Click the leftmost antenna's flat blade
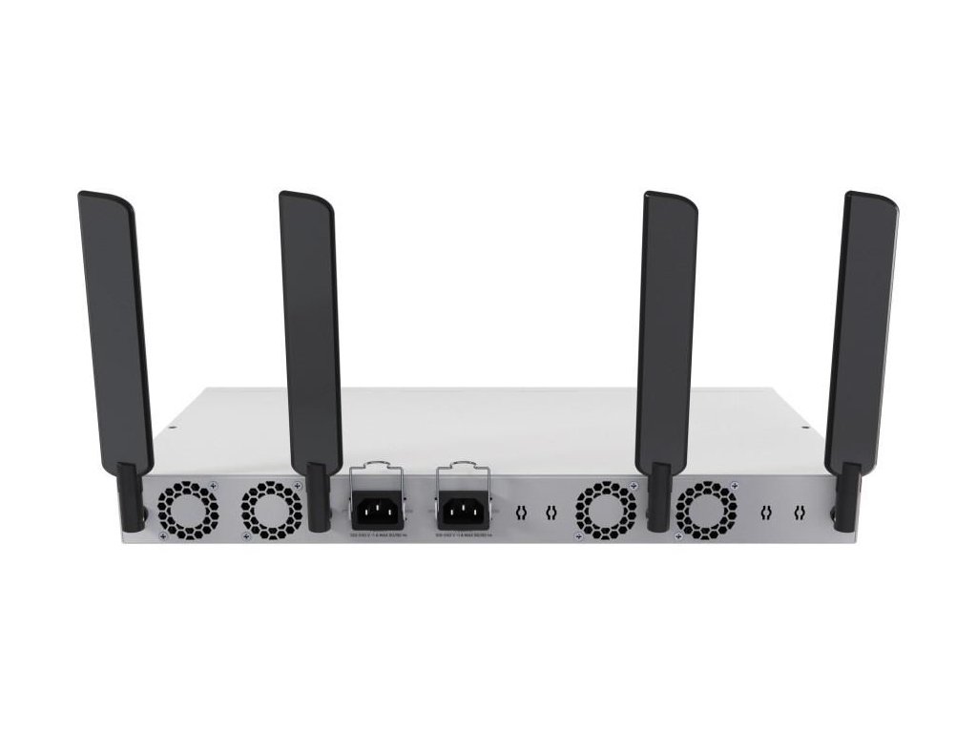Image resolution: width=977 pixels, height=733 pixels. tap(114, 325)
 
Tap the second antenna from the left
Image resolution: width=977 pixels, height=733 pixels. tap(309, 325)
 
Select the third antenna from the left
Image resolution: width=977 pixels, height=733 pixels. tap(668, 325)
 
